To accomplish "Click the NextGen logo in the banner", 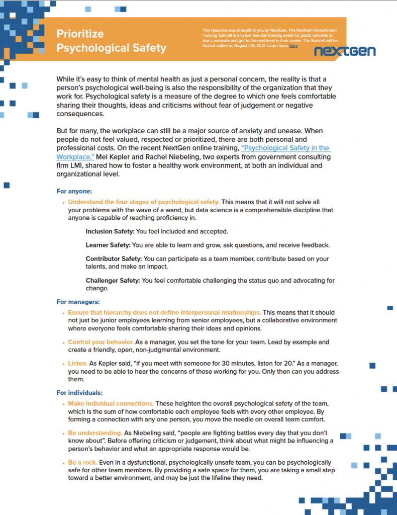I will pos(344,51).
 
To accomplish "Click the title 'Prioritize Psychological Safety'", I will pos(111,41).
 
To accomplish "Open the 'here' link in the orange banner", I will pos(293,46).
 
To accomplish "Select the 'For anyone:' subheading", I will pos(74,191).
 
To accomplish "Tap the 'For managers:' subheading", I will pos(78,302).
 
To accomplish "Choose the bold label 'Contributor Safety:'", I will pos(114,259).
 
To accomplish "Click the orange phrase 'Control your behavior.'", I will pos(101,342).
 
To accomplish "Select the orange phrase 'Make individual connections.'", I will pos(111,403).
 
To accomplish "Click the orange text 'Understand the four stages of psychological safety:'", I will pos(144,202).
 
